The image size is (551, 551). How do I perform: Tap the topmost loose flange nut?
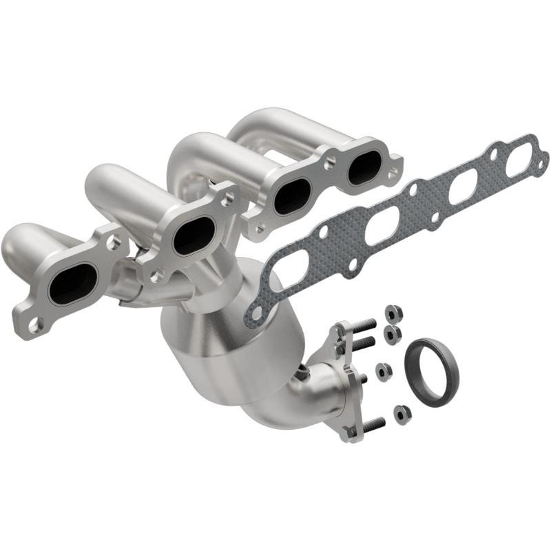(x=389, y=311)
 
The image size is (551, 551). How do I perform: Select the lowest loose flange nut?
(x=401, y=413)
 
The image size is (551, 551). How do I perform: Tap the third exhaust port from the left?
(x=292, y=195)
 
